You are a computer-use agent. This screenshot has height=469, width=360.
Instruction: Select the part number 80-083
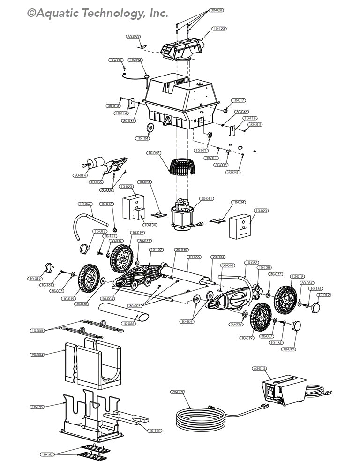pyautogui.click(x=133, y=36)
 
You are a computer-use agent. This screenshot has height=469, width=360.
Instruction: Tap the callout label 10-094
pyautogui.click(x=135, y=60)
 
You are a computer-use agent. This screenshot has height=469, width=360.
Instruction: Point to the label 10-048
pyautogui.click(x=154, y=153)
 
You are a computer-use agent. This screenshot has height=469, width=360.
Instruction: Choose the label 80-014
pyautogui.click(x=80, y=175)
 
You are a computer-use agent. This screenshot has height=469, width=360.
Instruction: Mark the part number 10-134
pyautogui.click(x=150, y=225)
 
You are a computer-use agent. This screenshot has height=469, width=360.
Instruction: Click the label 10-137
pyautogui.click(x=157, y=250)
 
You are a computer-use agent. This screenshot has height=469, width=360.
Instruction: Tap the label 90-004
pyautogui.click(x=37, y=355)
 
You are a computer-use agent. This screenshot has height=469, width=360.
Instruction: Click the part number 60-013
pyautogui.click(x=260, y=369)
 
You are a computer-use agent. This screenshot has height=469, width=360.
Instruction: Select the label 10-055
pyautogui.click(x=37, y=331)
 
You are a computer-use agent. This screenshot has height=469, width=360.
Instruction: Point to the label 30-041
pyautogui.click(x=233, y=172)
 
